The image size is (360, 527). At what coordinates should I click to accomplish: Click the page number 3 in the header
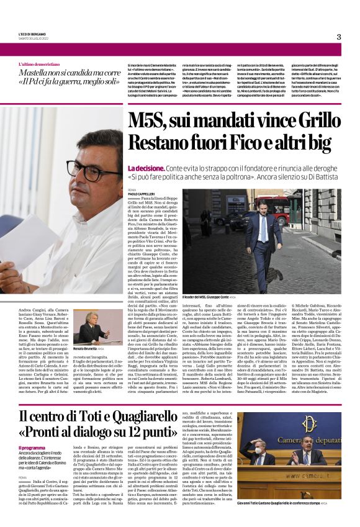tap(339, 37)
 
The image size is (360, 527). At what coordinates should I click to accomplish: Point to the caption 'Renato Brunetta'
tap(85, 348)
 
